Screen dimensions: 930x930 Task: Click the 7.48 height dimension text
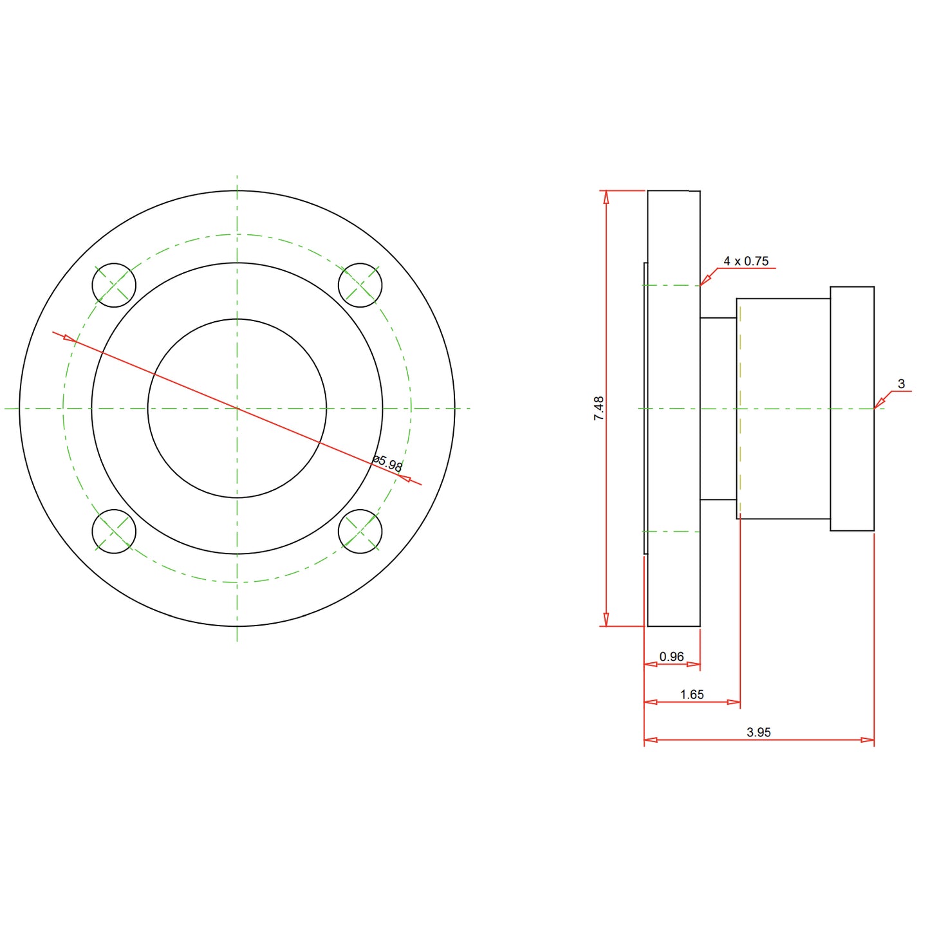(599, 409)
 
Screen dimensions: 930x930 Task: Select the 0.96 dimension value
(671, 656)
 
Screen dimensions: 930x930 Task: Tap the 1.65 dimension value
(692, 694)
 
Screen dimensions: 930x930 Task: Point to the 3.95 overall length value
(759, 732)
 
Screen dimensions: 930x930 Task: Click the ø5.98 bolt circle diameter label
(387, 463)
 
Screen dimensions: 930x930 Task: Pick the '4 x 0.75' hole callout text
(746, 261)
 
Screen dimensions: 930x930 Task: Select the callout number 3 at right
(901, 384)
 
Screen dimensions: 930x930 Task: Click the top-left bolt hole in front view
(114, 285)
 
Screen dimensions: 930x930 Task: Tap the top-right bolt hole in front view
(360, 285)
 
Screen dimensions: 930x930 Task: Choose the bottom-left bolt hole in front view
(114, 532)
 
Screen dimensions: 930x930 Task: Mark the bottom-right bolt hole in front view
(360, 532)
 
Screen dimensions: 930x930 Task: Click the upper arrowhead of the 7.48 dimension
(606, 197)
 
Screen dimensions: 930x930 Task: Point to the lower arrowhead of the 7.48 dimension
(606, 620)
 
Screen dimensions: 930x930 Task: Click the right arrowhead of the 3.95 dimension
(868, 740)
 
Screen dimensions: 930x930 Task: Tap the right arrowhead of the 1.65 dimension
(734, 702)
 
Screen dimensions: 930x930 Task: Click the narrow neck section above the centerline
(718, 360)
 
